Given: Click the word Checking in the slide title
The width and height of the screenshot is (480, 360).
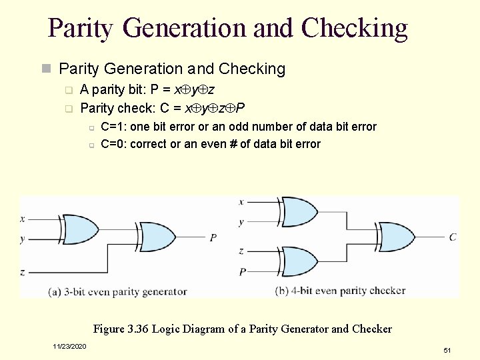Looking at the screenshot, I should [354, 28].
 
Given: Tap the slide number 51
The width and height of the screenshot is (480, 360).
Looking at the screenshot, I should [447, 350].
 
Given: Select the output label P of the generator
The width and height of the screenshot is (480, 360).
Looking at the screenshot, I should [213, 237].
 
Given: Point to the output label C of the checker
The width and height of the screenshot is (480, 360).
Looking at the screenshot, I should [453, 237].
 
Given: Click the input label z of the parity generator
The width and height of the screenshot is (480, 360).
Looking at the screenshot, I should [23, 272].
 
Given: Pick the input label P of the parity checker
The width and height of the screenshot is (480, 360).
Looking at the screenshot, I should [243, 271].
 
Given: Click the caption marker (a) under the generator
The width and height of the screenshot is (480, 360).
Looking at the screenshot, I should [55, 291].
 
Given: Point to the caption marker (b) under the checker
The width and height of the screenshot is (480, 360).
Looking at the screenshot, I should [282, 291].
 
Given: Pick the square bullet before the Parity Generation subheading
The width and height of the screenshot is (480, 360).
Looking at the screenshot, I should [46, 69].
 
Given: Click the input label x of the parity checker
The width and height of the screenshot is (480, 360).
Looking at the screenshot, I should [241, 201].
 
